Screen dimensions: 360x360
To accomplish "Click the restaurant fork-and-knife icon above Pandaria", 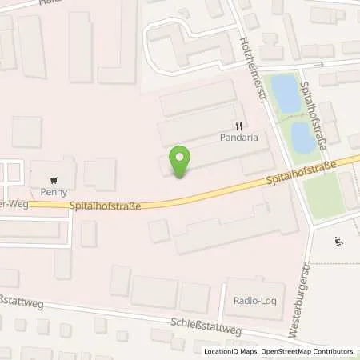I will point(238,126).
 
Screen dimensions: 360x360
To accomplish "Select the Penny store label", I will point(53,192).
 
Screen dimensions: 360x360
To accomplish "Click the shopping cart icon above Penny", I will point(53,181).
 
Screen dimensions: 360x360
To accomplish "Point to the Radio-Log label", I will point(248,301).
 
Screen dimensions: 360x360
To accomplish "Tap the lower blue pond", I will point(302,138).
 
